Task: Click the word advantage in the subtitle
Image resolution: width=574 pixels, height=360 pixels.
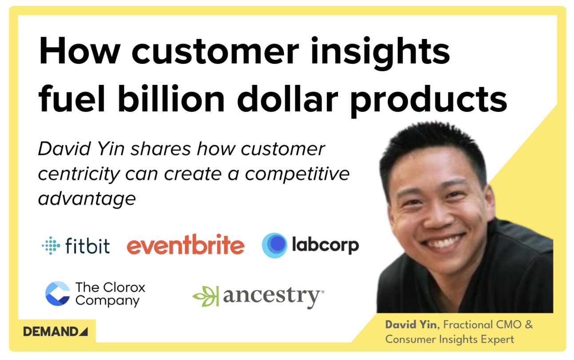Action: click(87, 198)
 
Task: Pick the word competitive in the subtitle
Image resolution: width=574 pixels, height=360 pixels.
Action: click(297, 174)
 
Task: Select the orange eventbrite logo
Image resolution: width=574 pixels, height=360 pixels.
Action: click(185, 245)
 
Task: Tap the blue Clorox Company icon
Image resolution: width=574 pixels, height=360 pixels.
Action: click(58, 294)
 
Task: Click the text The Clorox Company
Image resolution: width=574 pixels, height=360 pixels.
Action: click(110, 294)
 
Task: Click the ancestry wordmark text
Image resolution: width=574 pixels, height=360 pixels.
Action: click(273, 296)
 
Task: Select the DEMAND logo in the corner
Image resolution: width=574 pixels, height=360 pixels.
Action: click(56, 332)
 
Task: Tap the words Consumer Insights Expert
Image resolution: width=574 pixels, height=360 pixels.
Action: click(449, 340)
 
